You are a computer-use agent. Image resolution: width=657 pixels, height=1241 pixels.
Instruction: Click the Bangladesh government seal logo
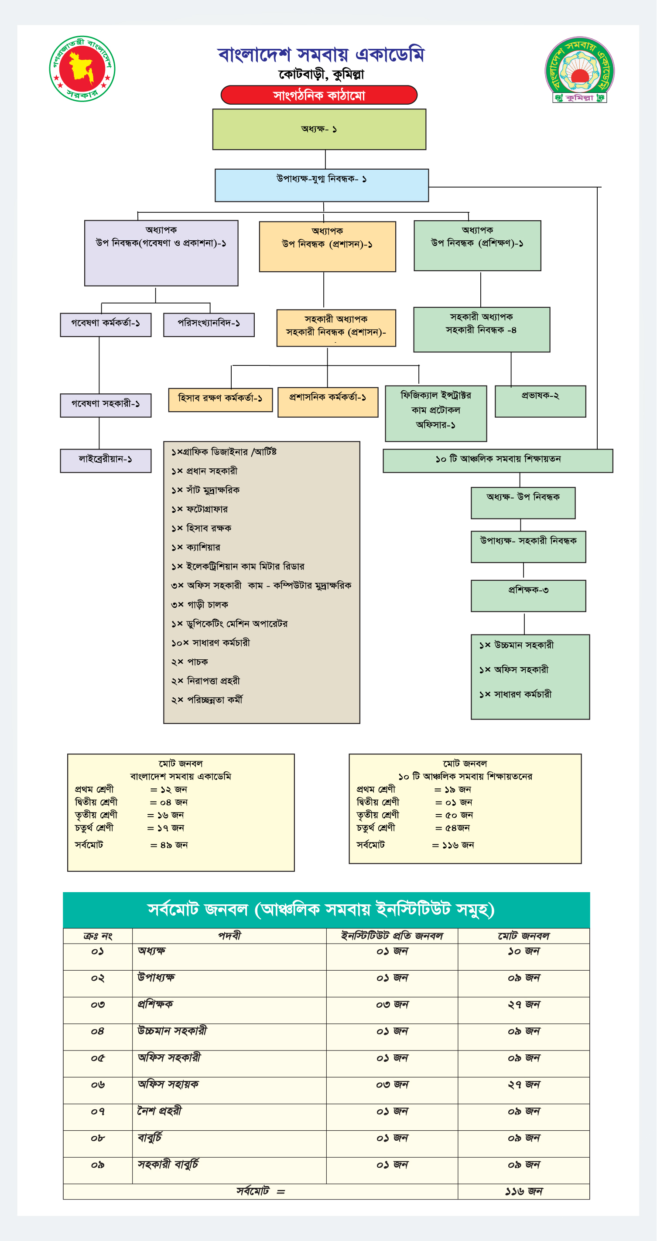click(x=82, y=68)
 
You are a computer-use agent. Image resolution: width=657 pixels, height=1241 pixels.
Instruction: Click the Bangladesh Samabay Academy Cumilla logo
click(x=579, y=70)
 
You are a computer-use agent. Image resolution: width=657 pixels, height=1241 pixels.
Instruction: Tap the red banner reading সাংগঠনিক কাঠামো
click(x=318, y=95)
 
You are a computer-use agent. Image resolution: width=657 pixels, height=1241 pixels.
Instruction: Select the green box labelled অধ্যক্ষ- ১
click(x=319, y=129)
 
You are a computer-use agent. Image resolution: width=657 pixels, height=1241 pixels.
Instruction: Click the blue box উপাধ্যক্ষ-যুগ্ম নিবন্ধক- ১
click(x=322, y=185)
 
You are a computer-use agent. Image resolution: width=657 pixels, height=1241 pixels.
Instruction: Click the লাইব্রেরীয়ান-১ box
click(x=106, y=460)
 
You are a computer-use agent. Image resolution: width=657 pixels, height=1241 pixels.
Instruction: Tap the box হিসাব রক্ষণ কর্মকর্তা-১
click(x=220, y=399)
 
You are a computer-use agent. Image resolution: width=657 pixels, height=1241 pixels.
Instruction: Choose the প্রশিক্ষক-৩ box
click(x=528, y=596)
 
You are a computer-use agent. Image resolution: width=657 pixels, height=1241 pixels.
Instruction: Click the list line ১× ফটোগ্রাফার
click(x=199, y=509)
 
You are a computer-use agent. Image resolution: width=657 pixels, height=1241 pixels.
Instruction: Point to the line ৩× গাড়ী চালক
click(x=199, y=605)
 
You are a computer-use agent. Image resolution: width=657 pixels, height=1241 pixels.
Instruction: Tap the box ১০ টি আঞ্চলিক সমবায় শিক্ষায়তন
click(x=498, y=460)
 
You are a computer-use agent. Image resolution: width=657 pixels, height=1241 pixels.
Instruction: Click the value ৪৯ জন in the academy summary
click(x=174, y=845)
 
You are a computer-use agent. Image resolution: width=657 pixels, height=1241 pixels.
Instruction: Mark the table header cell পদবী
click(x=229, y=936)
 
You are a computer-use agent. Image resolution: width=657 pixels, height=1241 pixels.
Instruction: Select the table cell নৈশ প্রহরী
click(x=160, y=1111)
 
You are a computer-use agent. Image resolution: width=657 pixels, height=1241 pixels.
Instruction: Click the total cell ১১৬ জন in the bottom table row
click(x=524, y=1191)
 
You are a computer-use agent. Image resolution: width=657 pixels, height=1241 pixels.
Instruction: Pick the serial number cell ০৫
click(x=97, y=1058)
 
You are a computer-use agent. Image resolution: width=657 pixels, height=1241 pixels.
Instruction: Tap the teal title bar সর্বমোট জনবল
click(x=326, y=910)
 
